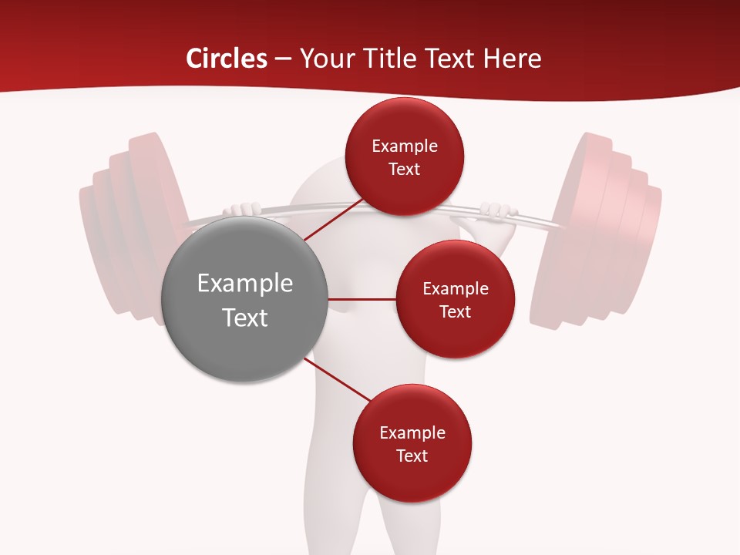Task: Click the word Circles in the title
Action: (x=227, y=59)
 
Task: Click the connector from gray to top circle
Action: (x=333, y=220)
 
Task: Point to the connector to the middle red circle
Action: (x=362, y=299)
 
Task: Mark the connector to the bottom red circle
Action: (x=336, y=379)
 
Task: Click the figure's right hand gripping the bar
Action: (x=496, y=210)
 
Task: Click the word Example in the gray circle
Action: (x=245, y=284)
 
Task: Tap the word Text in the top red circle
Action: (x=405, y=169)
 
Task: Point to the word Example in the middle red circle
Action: (x=456, y=289)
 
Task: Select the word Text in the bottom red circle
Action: (x=412, y=456)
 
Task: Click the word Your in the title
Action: (x=325, y=59)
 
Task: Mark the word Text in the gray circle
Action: (x=245, y=318)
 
